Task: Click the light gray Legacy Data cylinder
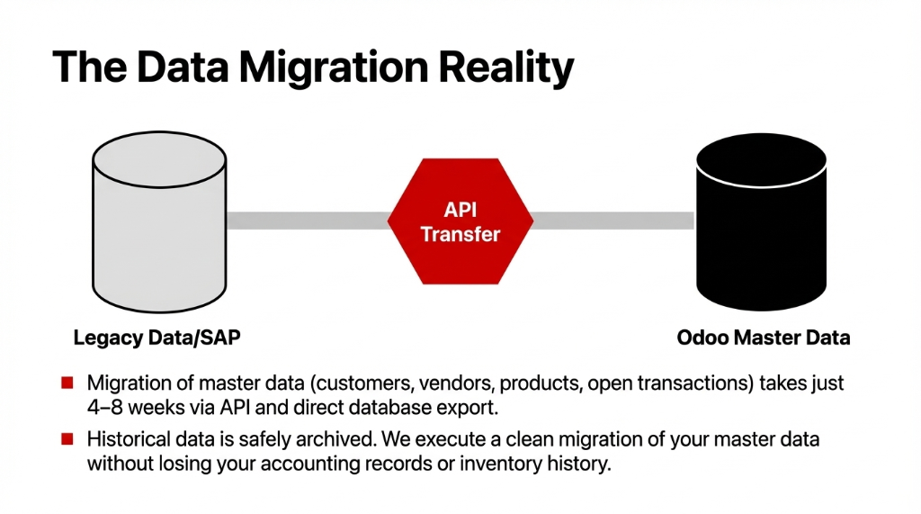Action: (159, 221)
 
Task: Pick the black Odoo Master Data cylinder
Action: (761, 221)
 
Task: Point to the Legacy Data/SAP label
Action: (156, 338)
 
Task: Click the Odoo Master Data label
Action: (763, 338)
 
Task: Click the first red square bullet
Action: (67, 383)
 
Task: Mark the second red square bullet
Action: (67, 440)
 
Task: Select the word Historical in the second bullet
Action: (125, 440)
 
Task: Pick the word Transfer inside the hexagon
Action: (460, 234)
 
